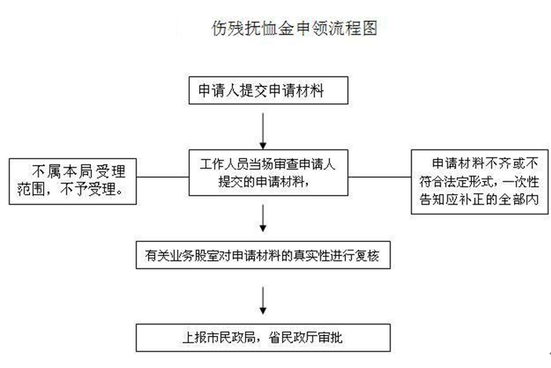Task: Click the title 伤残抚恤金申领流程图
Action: (295, 27)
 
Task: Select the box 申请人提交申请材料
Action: (269, 90)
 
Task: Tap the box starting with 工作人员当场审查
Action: (269, 172)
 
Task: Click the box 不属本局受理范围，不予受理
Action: (73, 181)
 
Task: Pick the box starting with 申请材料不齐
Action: (480, 182)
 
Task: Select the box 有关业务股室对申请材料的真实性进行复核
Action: (263, 255)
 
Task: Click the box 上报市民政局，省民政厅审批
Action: (263, 337)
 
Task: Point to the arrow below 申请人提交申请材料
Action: (263, 131)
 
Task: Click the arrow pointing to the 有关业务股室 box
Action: (263, 218)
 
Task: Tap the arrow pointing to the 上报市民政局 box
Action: (263, 301)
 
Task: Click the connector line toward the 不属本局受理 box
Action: (163, 177)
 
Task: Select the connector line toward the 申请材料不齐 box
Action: (379, 177)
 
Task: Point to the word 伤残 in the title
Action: (227, 27)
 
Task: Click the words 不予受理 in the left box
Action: (92, 189)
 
